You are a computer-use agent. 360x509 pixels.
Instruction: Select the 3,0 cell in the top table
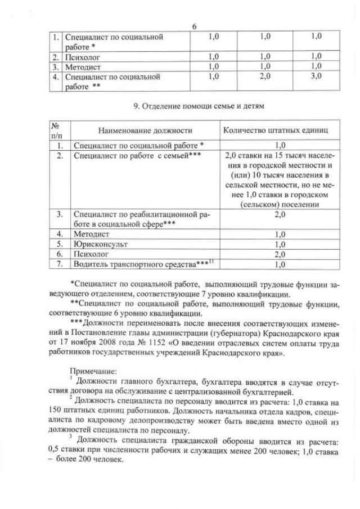tap(317, 76)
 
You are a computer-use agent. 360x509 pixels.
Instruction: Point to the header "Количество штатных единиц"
tap(276, 130)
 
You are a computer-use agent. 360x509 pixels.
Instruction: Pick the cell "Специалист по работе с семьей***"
tap(137, 155)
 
